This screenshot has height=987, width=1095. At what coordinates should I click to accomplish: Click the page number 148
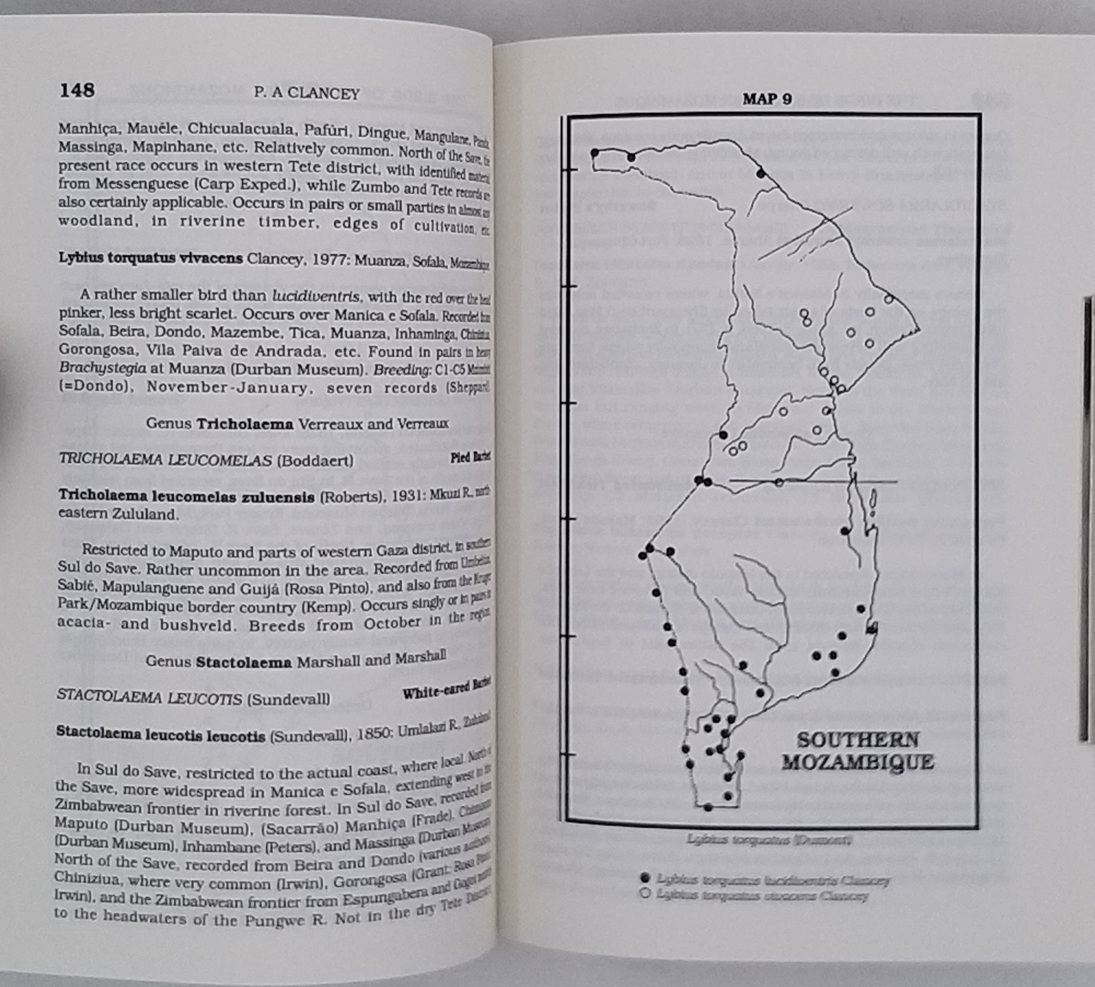[x=77, y=90]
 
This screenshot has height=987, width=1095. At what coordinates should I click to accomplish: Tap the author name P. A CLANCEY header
[x=306, y=93]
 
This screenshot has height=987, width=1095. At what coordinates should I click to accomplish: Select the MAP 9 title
[x=767, y=100]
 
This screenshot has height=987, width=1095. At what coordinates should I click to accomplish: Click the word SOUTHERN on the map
[x=858, y=740]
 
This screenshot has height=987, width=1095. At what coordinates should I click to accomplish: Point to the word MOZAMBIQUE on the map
[x=858, y=762]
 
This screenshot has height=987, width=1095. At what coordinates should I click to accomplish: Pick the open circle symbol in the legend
[x=644, y=894]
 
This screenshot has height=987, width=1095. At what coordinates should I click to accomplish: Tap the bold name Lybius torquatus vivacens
[x=150, y=258]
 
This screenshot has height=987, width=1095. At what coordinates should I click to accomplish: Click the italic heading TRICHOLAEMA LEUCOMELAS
[x=165, y=460]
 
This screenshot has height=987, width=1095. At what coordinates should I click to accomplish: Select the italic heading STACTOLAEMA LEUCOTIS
[x=149, y=698]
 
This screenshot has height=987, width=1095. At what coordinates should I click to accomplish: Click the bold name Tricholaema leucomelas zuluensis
[x=186, y=496]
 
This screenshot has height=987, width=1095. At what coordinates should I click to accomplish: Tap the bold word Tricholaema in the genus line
[x=245, y=424]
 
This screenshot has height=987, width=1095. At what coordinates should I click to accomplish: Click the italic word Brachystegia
[x=103, y=368]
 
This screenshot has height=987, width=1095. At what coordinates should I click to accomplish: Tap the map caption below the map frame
[x=769, y=840]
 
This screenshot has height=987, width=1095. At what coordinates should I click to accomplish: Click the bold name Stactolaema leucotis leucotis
[x=160, y=735]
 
